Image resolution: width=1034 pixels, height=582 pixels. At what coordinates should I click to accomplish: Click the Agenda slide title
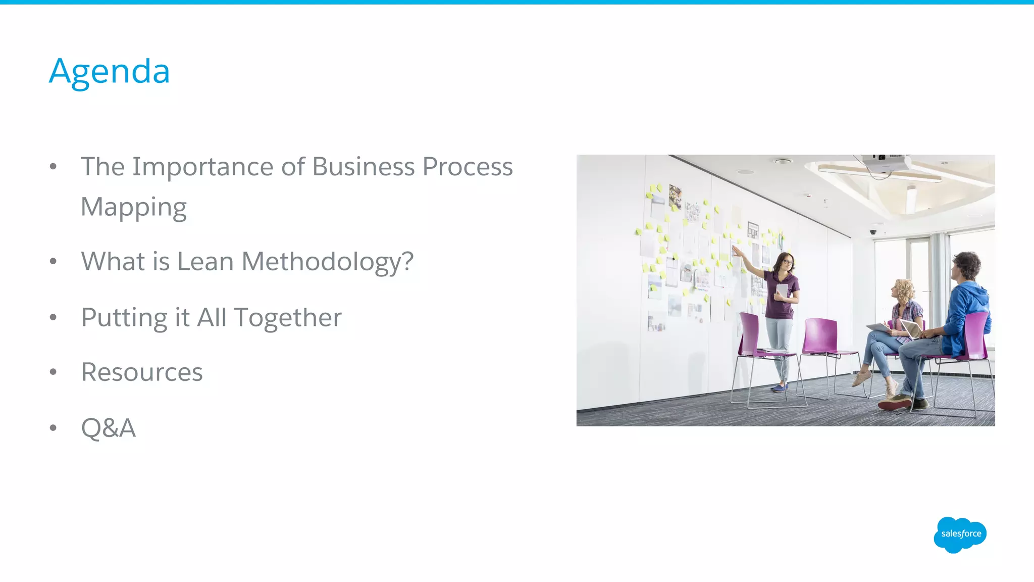pyautogui.click(x=109, y=71)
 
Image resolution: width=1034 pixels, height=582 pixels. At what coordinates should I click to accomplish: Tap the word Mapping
pyautogui.click(x=133, y=208)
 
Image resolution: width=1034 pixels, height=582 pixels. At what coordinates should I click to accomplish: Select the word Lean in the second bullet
pyautogui.click(x=205, y=262)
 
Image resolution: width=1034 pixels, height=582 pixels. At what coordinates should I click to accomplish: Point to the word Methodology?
pyautogui.click(x=328, y=262)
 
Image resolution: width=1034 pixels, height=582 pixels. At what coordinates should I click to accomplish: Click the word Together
pyautogui.click(x=287, y=318)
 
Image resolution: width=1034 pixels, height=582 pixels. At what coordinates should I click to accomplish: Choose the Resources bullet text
pyautogui.click(x=142, y=372)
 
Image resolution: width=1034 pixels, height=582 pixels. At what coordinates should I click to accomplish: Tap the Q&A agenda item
pyautogui.click(x=109, y=428)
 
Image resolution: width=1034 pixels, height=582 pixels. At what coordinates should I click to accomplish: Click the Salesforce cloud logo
pyautogui.click(x=960, y=534)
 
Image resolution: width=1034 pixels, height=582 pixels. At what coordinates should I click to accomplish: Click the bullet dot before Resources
pyautogui.click(x=53, y=372)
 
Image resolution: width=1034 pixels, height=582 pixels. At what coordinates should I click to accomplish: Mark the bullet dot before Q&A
pyautogui.click(x=53, y=428)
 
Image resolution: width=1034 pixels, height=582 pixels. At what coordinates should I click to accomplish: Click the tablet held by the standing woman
pyautogui.click(x=782, y=292)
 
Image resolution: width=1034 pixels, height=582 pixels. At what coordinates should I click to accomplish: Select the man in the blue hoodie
pyautogui.click(x=962, y=313)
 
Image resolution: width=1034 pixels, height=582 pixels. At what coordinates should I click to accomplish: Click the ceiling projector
pyautogui.click(x=886, y=163)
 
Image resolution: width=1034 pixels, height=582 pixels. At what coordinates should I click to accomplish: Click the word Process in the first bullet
pyautogui.click(x=468, y=167)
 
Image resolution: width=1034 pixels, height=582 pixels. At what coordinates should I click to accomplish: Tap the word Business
pyautogui.click(x=363, y=167)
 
